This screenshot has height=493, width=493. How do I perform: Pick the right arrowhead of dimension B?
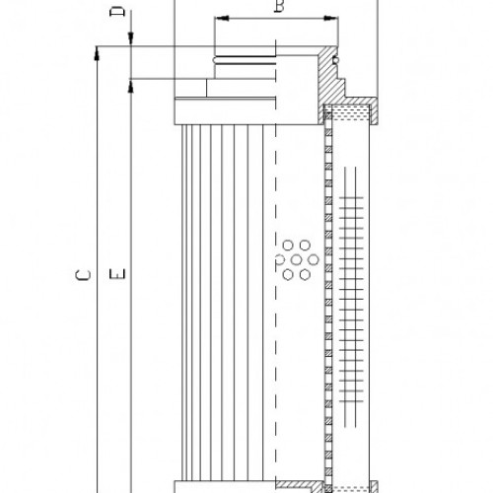[x=340, y=18]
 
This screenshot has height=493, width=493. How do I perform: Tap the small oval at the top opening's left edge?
[x=216, y=62]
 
